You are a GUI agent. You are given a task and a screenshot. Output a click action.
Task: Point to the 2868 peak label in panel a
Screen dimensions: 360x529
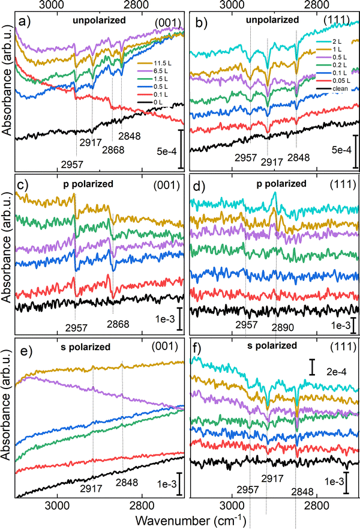113,150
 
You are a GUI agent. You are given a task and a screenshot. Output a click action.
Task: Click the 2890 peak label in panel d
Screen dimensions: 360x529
283,327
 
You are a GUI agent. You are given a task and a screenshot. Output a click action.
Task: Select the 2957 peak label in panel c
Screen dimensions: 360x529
77,328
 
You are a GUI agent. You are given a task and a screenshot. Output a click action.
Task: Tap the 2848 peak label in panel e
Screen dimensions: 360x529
127,482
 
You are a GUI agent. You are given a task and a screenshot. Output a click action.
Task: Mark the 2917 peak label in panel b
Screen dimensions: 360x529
272,162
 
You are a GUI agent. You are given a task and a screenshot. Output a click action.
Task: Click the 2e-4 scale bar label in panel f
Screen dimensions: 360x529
337,372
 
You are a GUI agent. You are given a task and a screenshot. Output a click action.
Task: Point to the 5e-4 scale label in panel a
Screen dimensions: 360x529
167,151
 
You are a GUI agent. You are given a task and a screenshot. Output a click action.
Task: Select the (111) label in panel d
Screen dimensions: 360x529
339,184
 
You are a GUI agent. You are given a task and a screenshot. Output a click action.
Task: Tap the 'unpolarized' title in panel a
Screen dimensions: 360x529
99,20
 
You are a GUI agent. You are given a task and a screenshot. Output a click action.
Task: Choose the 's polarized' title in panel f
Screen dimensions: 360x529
272,345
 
